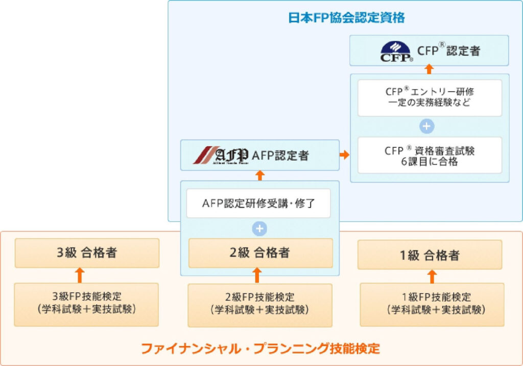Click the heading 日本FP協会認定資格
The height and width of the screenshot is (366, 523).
click(346, 18)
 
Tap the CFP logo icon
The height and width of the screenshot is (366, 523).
click(396, 51)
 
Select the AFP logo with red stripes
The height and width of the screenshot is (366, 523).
click(221, 155)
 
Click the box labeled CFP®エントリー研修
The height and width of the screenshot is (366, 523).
click(430, 97)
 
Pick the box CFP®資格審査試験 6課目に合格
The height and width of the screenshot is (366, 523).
click(430, 155)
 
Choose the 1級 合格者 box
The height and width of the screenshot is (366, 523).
click(430, 255)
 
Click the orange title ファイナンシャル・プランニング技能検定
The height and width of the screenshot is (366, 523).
click(260, 349)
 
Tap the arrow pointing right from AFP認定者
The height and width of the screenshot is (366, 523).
click(345, 155)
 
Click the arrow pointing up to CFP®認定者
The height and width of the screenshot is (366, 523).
click(430, 69)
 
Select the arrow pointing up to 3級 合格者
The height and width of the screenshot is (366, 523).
click(79, 275)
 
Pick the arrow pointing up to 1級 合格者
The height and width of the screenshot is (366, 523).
click(432, 276)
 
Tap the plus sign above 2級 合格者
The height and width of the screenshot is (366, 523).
click(260, 228)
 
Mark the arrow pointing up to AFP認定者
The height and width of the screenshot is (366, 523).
click(260, 175)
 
